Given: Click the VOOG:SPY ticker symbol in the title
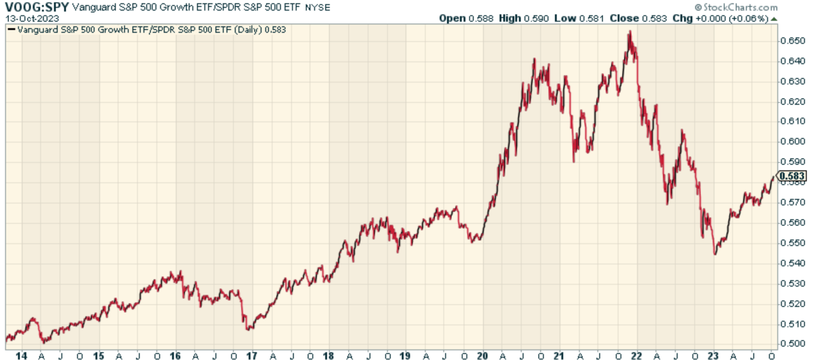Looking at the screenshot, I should click(37, 7).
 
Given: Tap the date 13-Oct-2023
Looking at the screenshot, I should click(32, 18).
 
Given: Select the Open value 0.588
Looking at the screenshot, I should click(481, 18).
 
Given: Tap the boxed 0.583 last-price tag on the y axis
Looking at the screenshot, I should click(792, 176).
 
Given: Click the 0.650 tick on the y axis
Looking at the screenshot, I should click(792, 41).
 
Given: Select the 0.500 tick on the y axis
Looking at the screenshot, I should click(792, 344).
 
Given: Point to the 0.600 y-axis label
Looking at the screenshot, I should click(792, 141).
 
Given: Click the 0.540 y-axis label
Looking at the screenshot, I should click(792, 263).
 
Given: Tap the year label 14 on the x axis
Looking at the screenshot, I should click(21, 356).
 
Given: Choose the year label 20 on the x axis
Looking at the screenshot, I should click(482, 356).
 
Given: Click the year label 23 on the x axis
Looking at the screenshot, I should click(713, 356).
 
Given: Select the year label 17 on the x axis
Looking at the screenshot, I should click(251, 356).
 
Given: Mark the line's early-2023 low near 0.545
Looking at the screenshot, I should click(715, 253).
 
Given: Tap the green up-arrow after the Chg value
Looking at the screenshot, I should click(774, 19).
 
